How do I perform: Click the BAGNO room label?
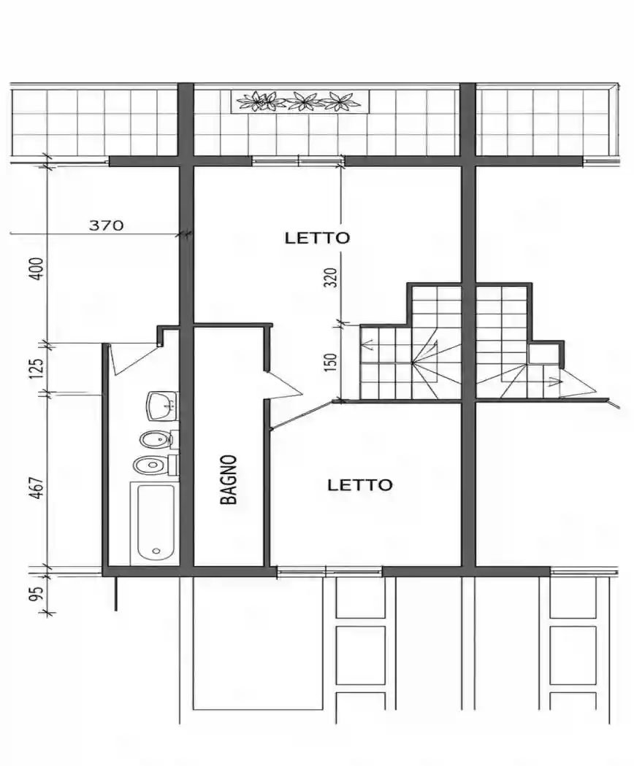tap(229, 480)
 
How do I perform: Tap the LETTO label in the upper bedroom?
tap(318, 238)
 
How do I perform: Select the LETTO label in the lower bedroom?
tap(360, 485)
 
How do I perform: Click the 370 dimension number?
tap(106, 225)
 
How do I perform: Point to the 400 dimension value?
tap(37, 268)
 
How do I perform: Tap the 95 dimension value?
tap(37, 592)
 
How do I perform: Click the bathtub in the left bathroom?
tap(156, 522)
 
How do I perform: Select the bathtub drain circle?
tap(156, 551)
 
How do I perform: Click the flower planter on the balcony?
tap(299, 101)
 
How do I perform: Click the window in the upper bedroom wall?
tap(298, 160)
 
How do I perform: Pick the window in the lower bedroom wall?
tap(329, 570)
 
